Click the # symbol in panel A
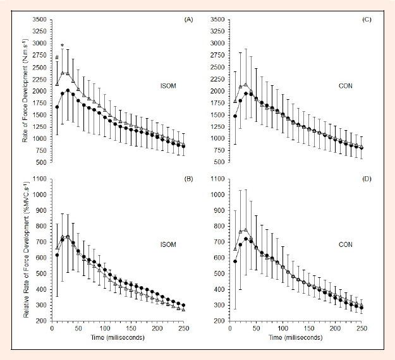click(x=57, y=58)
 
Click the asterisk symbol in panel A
click(x=62, y=45)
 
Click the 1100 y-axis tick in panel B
click(x=40, y=179)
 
